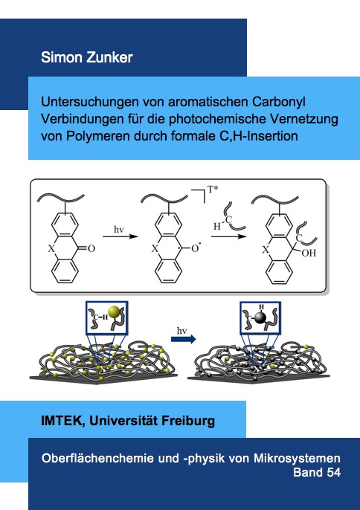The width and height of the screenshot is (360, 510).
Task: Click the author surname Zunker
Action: click(109, 57)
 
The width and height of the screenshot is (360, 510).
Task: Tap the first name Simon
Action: click(62, 57)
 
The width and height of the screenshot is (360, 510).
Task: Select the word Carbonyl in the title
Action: click(279, 102)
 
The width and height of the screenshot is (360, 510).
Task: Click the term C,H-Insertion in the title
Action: click(257, 136)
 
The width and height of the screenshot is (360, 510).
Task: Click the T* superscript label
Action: click(212, 189)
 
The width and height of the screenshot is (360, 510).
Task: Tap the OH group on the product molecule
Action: click(309, 253)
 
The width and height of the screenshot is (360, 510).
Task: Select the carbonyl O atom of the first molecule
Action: click(91, 249)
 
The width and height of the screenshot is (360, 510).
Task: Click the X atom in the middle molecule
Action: click(155, 249)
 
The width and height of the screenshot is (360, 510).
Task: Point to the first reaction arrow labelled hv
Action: click(120, 236)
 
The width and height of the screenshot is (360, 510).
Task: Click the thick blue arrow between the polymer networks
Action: click(183, 339)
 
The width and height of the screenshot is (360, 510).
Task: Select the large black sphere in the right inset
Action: click(260, 318)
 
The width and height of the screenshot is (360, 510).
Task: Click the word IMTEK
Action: click(61, 421)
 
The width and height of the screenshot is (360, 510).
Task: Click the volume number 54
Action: click(333, 472)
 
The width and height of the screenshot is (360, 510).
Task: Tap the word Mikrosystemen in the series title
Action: click(297, 458)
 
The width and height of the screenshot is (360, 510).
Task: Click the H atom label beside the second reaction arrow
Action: click(217, 226)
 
